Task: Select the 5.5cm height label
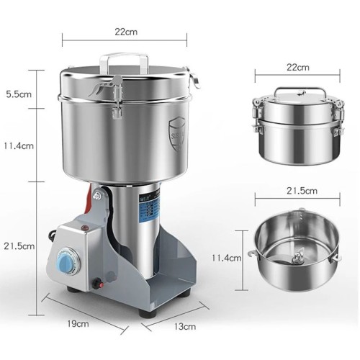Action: point(17,94)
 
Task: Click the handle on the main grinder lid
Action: point(129,58)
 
